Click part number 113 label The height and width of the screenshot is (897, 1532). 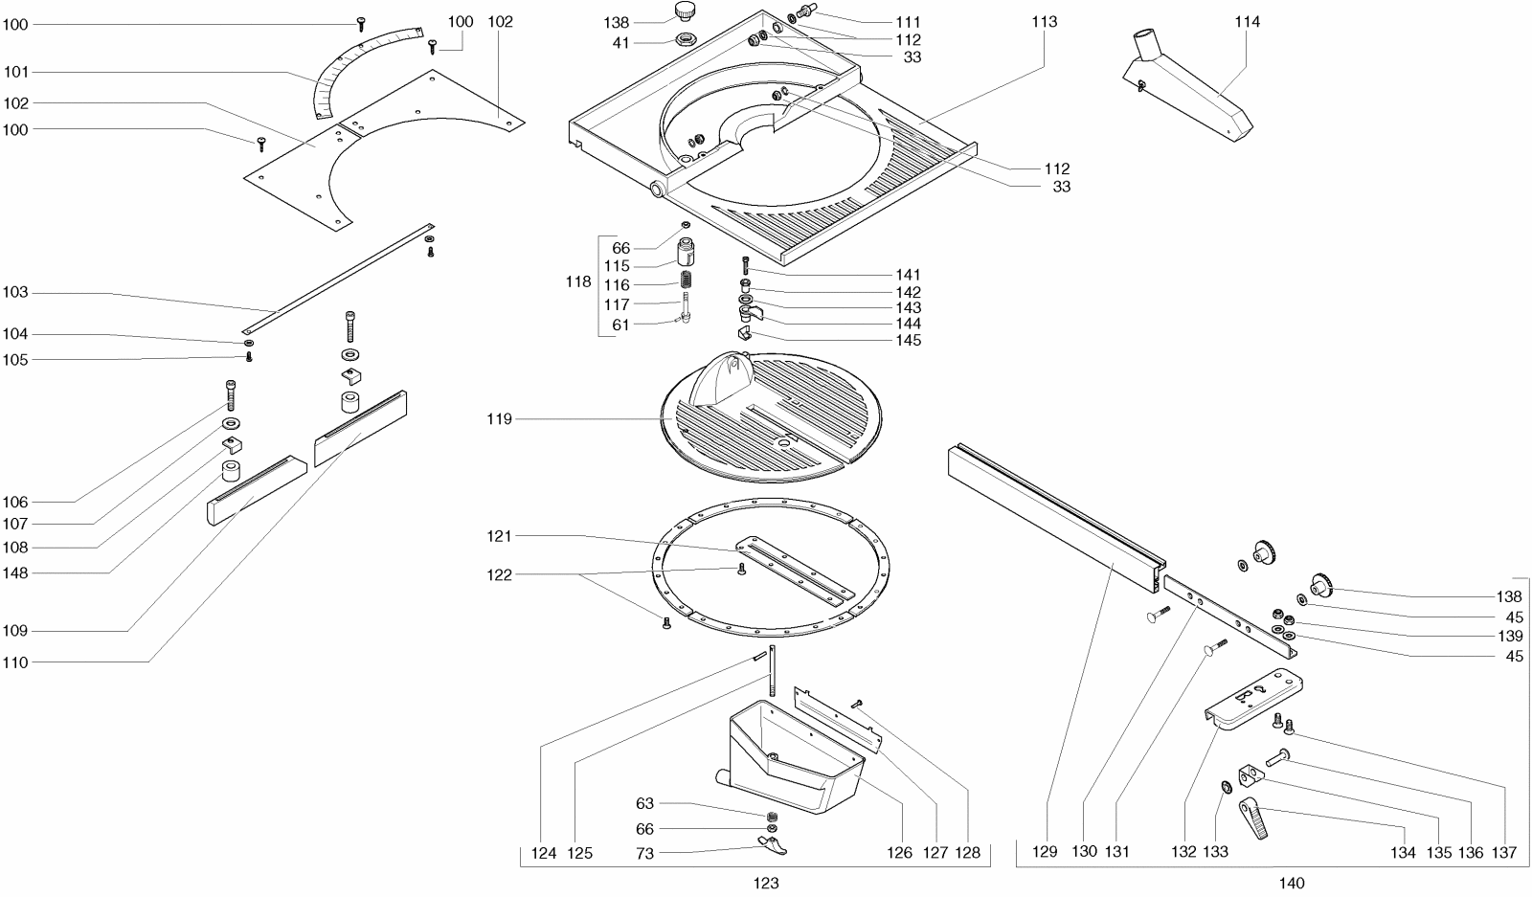[x=1045, y=22]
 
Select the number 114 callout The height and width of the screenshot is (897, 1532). [x=1248, y=22]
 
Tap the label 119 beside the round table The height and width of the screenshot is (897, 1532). [x=499, y=419]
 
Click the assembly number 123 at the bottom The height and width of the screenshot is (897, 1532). [x=766, y=884]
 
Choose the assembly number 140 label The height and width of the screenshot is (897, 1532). [x=1291, y=884]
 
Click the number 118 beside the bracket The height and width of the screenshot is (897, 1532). [x=579, y=283]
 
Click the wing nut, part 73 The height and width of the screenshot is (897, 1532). [x=773, y=844]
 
